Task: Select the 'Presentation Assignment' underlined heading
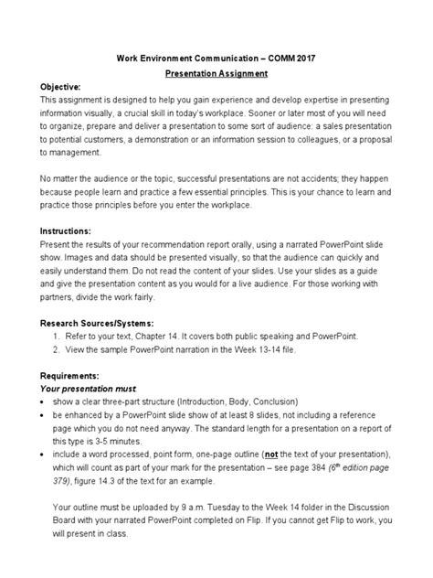click(x=216, y=74)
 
